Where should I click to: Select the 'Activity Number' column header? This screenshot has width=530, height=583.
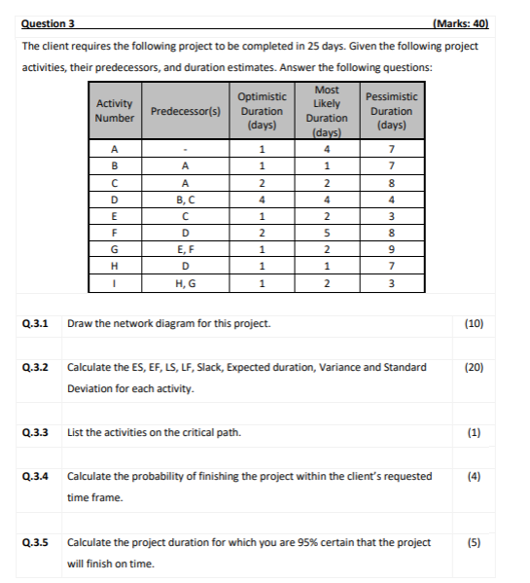point(114,111)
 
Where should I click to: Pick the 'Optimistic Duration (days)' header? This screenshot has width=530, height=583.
point(262,111)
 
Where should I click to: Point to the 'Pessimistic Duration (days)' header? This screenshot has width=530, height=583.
point(391,111)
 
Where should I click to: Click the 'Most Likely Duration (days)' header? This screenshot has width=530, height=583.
point(327,111)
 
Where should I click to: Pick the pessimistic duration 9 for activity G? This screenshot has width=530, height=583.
point(390,249)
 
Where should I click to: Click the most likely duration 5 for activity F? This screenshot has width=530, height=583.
point(327,233)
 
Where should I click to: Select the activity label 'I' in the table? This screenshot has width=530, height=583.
point(115,282)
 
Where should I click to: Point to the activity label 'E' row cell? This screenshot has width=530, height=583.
point(115,216)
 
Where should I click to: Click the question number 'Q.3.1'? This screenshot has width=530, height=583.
point(35,322)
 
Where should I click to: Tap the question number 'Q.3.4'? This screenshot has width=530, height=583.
point(35,477)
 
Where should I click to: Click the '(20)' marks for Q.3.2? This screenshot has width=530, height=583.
point(475,368)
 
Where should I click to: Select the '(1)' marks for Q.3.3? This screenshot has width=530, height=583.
point(475,432)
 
